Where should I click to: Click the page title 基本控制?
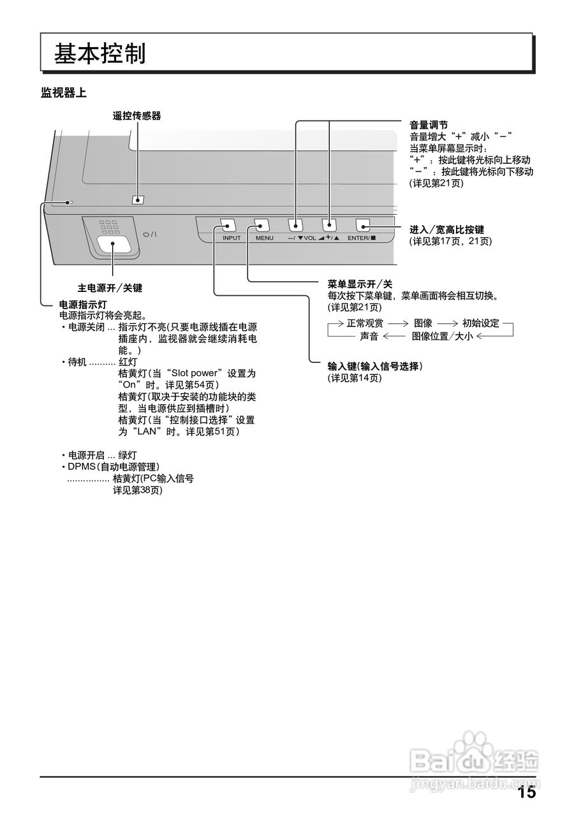100,54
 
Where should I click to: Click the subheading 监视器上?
64,93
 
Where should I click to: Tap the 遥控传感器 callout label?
137,115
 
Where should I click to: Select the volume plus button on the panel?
329,225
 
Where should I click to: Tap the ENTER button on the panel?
363,225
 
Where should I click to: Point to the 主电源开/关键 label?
110,288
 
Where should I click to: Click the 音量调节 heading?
428,125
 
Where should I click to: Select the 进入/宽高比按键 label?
447,229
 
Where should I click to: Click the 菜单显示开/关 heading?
360,284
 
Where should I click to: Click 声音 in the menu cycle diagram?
369,336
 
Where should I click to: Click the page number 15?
526,793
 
